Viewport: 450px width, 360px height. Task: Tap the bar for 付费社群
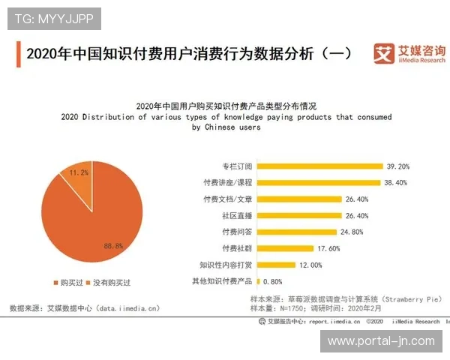pyautogui.click(x=285, y=248)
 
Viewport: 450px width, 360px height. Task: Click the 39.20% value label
pyautogui.click(x=397, y=166)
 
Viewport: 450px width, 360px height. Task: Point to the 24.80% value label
pyautogui.click(x=372, y=232)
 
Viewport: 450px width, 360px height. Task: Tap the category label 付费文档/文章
pyautogui.click(x=228, y=199)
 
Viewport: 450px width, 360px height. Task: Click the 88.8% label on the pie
pyautogui.click(x=113, y=245)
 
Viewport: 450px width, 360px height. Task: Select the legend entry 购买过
pyautogui.click(x=67, y=283)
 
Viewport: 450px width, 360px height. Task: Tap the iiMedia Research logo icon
pyautogui.click(x=384, y=53)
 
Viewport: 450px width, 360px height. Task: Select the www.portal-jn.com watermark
pyautogui.click(x=382, y=341)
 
